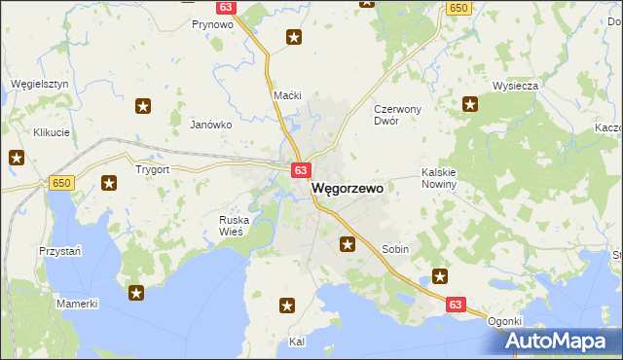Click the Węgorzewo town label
point(348,192)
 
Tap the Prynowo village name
point(212,24)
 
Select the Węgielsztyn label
point(39,85)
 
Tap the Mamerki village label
point(77,304)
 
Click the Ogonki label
point(505,322)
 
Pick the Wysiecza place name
point(516,86)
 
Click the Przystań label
point(59,249)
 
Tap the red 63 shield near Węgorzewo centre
point(300,170)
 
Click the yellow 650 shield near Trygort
point(60,183)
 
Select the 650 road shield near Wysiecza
point(458,8)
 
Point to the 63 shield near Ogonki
point(456,305)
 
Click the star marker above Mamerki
point(136,292)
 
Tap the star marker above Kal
point(287,306)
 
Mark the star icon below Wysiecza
point(471,105)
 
